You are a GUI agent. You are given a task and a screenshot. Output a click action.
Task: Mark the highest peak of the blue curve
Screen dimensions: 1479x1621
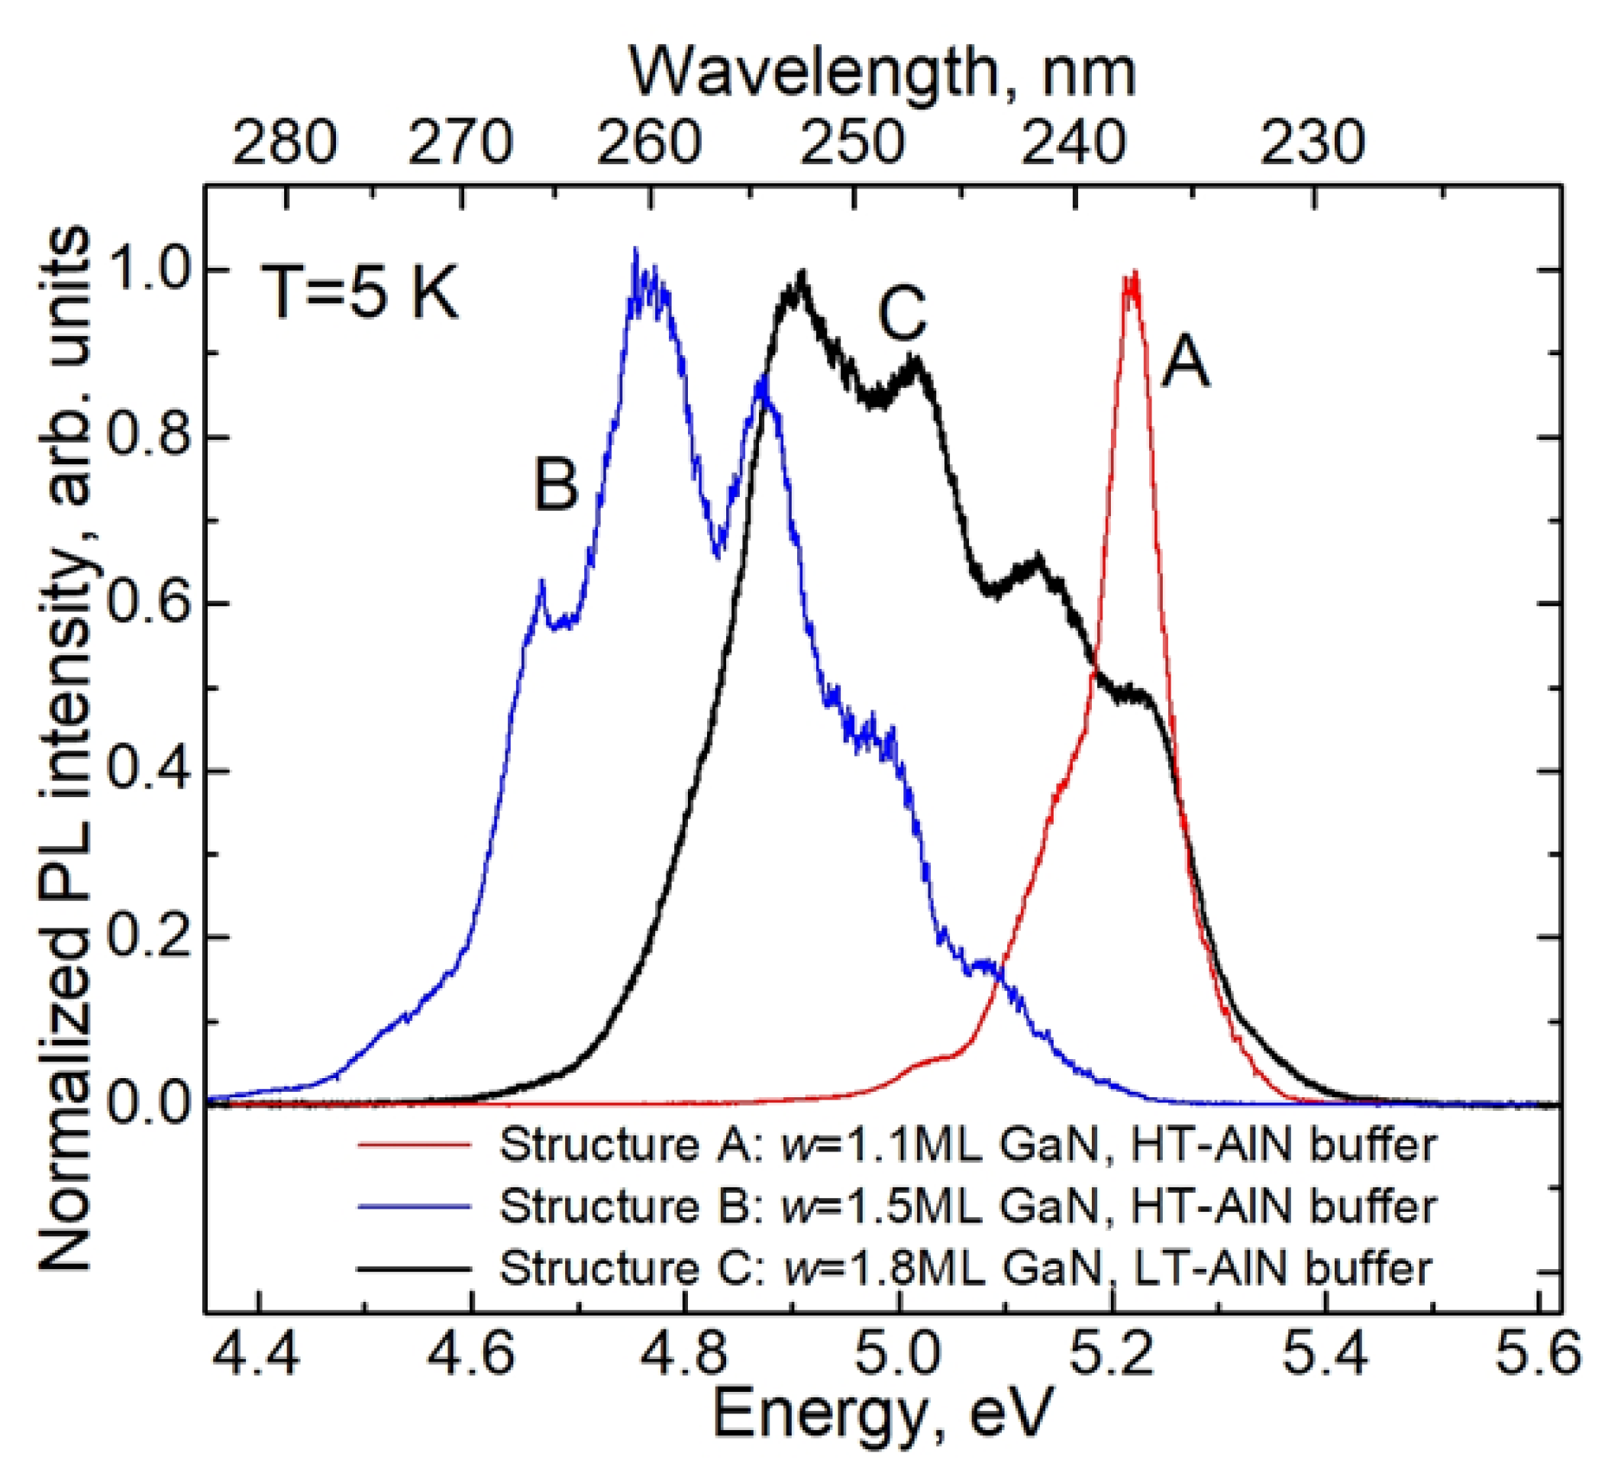pos(635,251)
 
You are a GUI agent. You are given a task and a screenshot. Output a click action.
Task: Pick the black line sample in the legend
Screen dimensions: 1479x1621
pos(413,1268)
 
